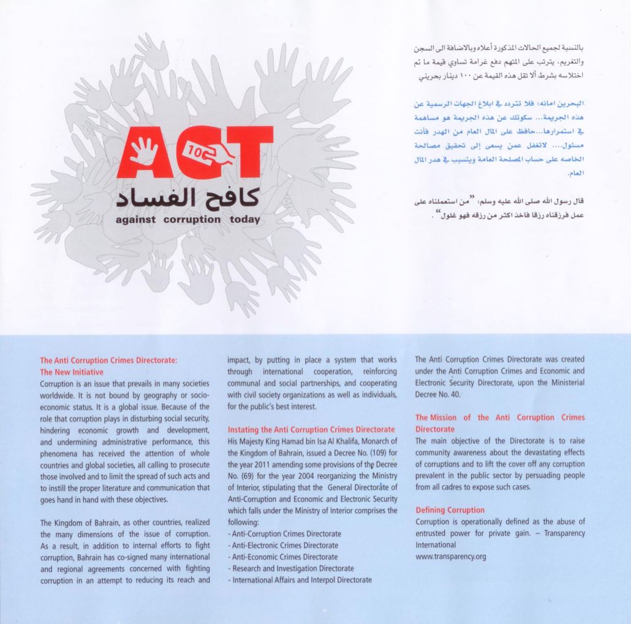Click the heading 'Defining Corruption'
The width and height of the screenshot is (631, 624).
tap(450, 510)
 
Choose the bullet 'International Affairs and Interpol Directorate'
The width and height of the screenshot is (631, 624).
tap(299, 580)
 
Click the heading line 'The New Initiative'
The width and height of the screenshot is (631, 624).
tap(72, 372)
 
